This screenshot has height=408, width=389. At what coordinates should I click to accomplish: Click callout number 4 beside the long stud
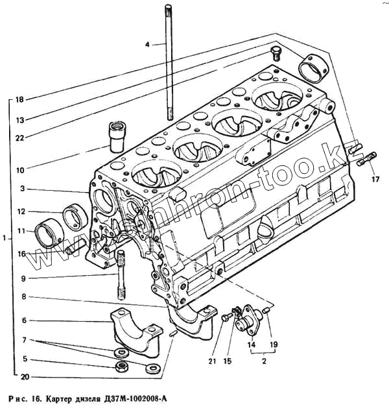[x=147, y=44]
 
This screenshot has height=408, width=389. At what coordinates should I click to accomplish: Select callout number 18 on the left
[x=19, y=99]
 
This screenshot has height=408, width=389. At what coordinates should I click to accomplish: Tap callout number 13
[x=19, y=120]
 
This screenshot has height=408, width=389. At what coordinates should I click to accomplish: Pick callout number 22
[x=19, y=138]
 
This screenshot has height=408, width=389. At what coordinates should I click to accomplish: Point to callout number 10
[x=19, y=171]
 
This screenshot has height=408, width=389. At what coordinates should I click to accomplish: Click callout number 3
[x=22, y=189]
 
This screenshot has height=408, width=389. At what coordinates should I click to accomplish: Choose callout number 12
[x=21, y=211]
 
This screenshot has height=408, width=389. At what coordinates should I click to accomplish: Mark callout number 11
[x=21, y=230]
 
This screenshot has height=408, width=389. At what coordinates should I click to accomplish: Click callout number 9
[x=22, y=279]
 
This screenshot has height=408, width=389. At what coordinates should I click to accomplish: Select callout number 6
[x=22, y=320]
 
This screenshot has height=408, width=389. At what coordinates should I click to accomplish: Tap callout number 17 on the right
[x=375, y=178]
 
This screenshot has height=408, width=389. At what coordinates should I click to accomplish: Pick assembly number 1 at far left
[x=5, y=239]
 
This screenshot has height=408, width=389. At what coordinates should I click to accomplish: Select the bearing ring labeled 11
[x=50, y=234]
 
